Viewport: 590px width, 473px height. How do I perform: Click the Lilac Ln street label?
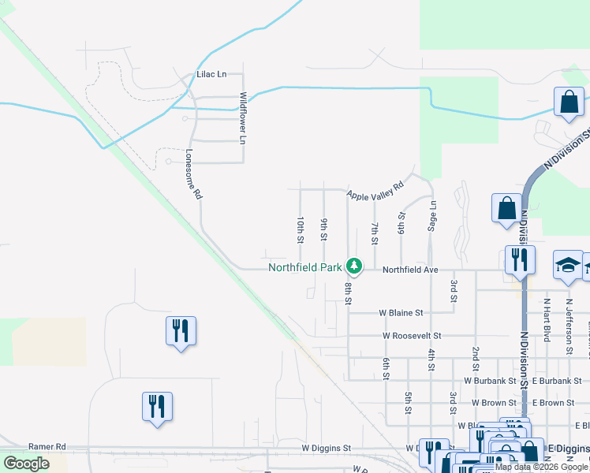coord(211,75)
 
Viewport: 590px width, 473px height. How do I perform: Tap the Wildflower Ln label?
coord(243,118)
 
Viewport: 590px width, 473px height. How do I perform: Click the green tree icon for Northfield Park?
coord(355,267)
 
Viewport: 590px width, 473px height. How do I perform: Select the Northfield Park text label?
coord(305,267)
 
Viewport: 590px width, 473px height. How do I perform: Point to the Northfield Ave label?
coord(410,270)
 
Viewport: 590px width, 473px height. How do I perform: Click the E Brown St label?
coord(553,403)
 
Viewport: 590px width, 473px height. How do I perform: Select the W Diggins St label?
coord(327,448)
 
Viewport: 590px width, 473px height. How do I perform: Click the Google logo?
coord(26,464)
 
